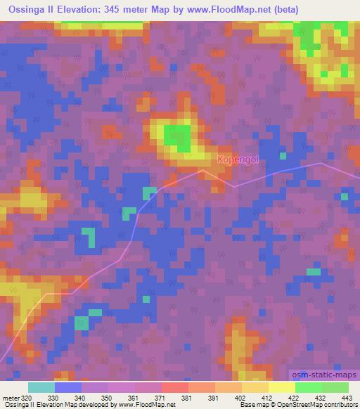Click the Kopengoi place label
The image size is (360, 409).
click(x=238, y=160)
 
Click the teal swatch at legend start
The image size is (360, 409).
click(x=41, y=387)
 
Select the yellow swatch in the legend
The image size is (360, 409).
click(x=282, y=387)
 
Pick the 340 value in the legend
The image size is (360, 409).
click(x=79, y=397)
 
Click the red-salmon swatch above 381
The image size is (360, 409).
click(x=175, y=387)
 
